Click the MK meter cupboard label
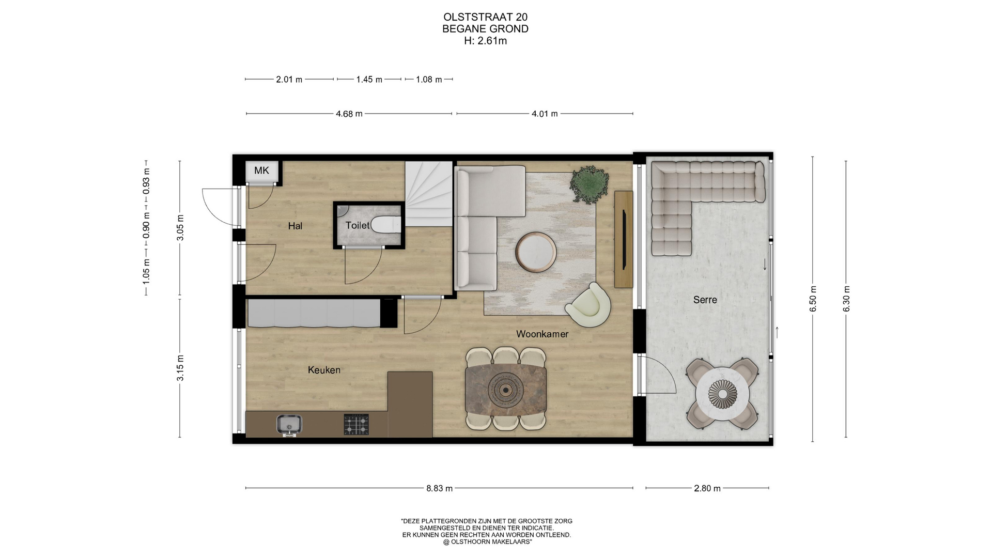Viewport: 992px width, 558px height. (261, 171)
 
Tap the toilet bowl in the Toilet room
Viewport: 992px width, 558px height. (386, 225)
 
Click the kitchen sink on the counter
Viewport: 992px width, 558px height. (289, 425)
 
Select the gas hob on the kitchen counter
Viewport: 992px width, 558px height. (357, 424)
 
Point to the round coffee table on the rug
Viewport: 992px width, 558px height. (536, 252)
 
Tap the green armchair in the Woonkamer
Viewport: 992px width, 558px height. (588, 305)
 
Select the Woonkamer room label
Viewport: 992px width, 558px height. (542, 334)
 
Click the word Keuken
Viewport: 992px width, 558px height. (324, 370)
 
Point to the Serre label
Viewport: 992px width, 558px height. (705, 300)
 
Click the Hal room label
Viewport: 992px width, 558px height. (295, 226)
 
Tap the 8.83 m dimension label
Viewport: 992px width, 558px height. (439, 488)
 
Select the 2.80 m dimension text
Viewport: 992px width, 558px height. (707, 488)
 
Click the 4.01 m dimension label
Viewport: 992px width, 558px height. (545, 114)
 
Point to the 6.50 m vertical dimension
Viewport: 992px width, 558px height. (813, 299)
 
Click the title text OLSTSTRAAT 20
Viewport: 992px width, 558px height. (486, 18)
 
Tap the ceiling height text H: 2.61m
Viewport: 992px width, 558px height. (486, 41)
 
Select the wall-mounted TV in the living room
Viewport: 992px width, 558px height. (624, 239)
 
